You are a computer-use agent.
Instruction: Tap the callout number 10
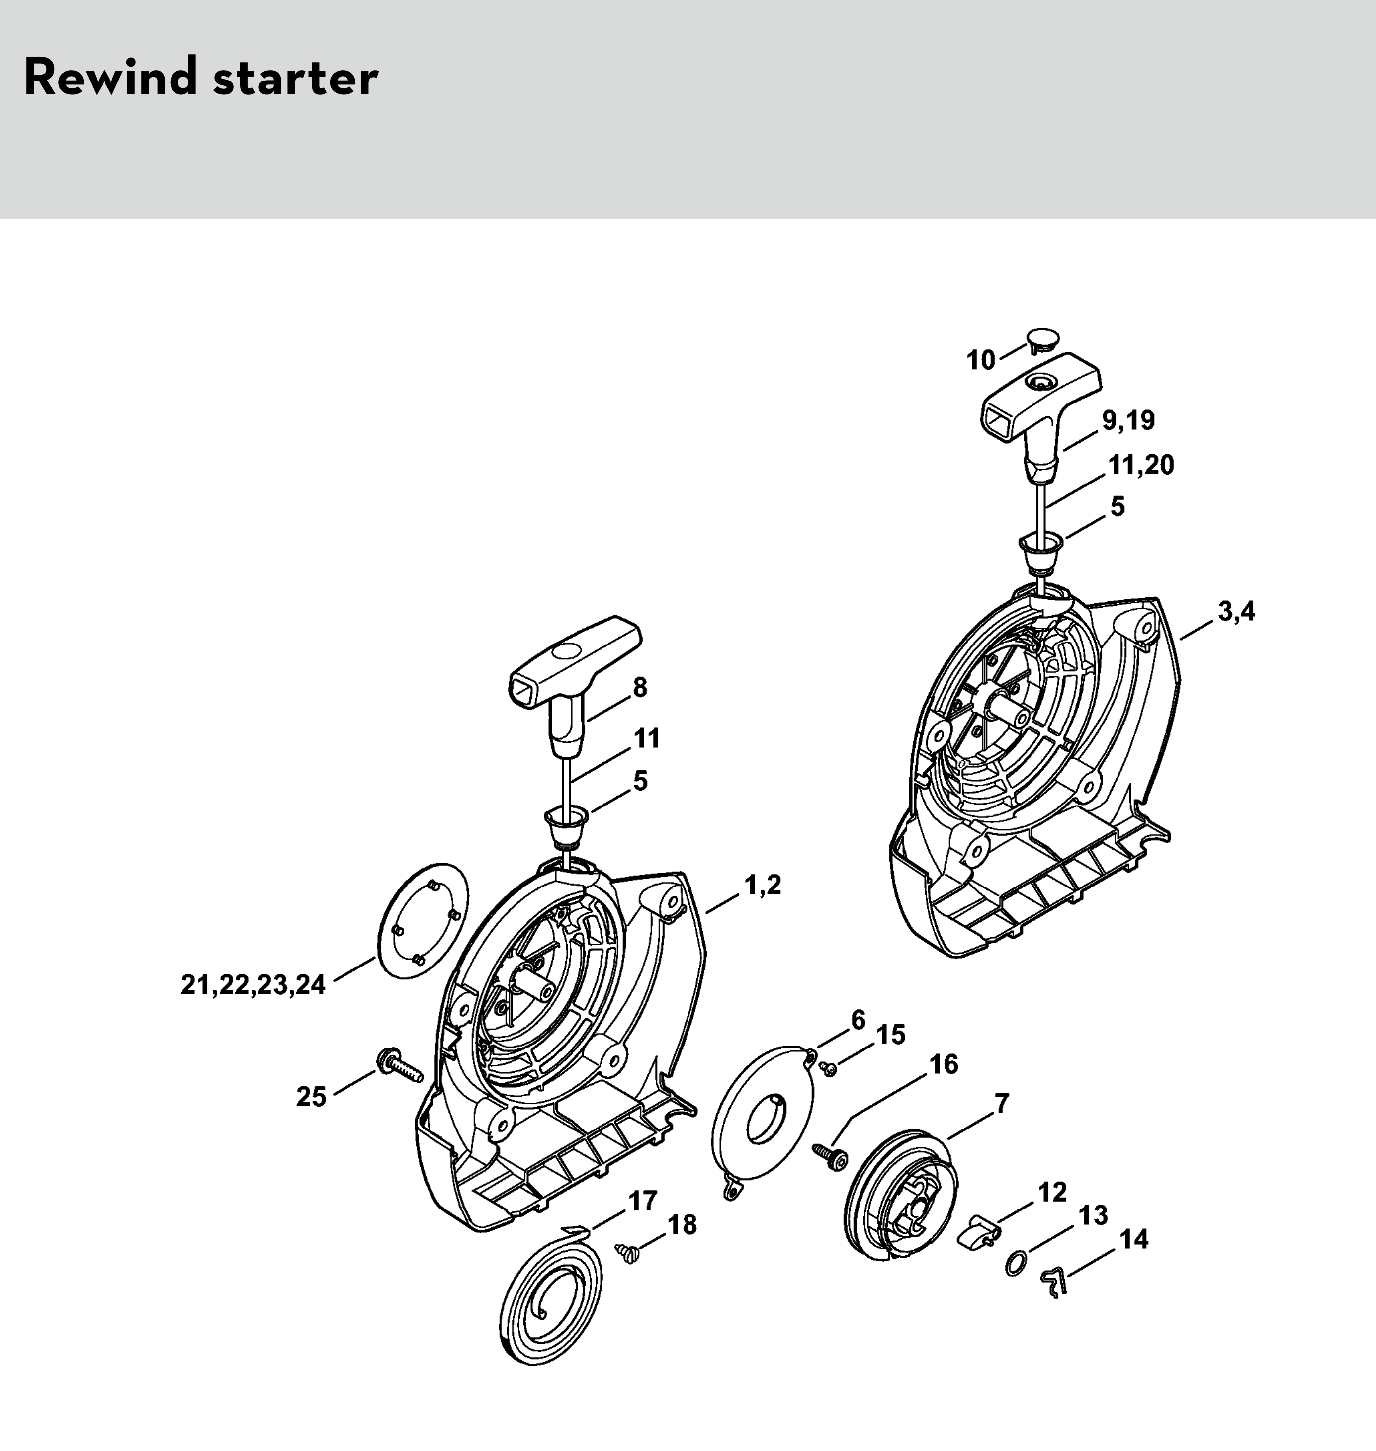981,361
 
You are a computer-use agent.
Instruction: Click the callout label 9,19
1128,421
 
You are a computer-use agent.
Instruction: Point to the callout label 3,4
1237,612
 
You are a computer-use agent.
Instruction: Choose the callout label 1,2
763,886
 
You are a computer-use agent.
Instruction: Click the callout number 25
311,1097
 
